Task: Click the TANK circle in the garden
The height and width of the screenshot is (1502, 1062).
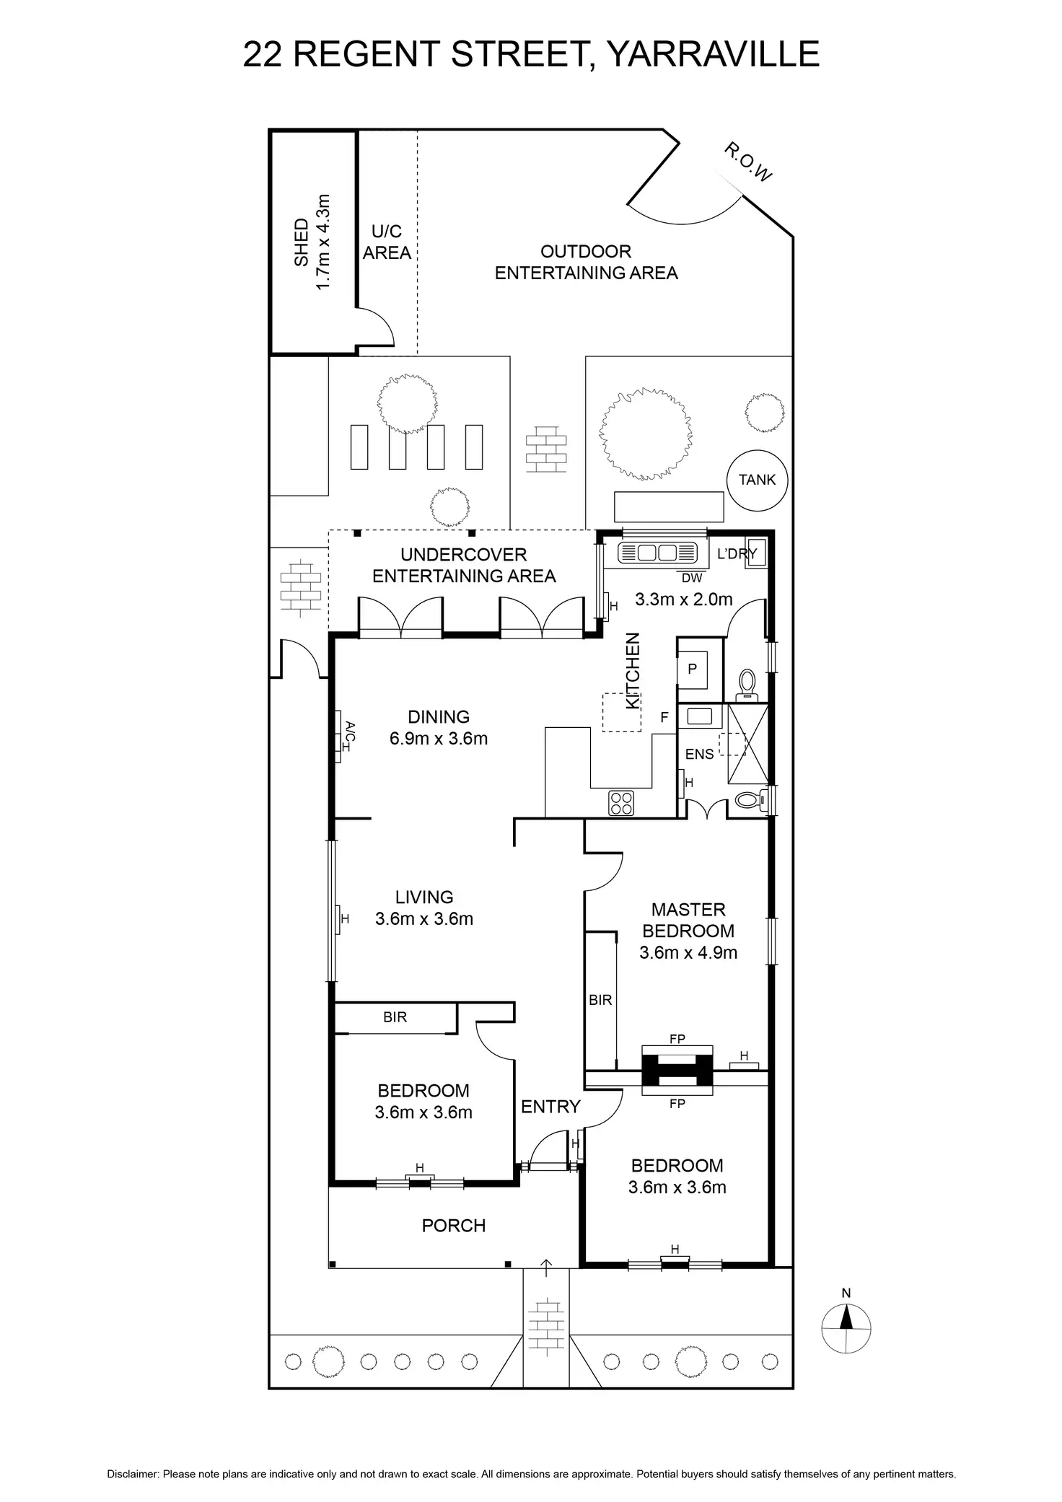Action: click(757, 480)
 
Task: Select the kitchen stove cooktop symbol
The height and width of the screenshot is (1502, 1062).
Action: click(622, 803)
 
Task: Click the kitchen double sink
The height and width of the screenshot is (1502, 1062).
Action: click(658, 553)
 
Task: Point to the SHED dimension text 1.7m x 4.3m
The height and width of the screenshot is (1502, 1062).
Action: click(322, 242)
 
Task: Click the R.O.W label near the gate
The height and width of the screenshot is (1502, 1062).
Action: click(748, 162)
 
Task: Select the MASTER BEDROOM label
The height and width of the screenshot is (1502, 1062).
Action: click(688, 920)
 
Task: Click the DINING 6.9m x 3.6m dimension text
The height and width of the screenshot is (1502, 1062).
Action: click(439, 739)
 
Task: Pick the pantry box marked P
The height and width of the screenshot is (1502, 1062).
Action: click(692, 669)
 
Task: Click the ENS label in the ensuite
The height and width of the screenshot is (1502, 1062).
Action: click(699, 754)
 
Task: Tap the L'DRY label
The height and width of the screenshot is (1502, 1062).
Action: click(736, 554)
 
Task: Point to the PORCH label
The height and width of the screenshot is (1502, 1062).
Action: click(454, 1225)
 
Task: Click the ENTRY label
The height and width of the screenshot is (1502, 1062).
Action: click(550, 1106)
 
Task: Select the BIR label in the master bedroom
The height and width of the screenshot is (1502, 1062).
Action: click(600, 1000)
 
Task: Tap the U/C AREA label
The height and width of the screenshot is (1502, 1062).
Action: click(387, 242)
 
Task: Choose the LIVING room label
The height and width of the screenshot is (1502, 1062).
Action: click(424, 897)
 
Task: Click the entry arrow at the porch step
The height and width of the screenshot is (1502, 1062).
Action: click(546, 1265)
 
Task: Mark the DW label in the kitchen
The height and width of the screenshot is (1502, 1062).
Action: click(690, 578)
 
